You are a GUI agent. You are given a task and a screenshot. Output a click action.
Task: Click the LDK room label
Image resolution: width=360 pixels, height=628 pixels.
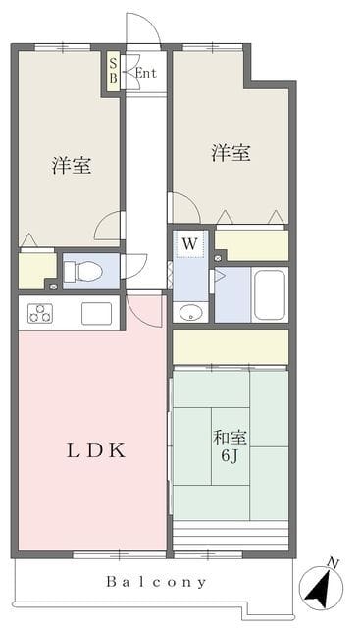tap(96, 451)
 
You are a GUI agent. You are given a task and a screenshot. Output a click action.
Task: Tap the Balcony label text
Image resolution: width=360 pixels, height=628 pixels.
tap(157, 582)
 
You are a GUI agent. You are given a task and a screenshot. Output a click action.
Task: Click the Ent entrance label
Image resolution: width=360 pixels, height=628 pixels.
tap(145, 73)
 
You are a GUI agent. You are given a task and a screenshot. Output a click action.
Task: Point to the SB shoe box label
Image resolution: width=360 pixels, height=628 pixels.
tap(114, 70)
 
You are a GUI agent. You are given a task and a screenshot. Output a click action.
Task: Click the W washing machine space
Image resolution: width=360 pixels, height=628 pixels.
tap(190, 244)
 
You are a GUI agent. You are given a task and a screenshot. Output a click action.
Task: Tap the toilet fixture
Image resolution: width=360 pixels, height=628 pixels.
tap(83, 271)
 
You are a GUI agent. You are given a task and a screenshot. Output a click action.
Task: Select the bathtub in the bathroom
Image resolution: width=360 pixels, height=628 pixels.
tap(270, 294)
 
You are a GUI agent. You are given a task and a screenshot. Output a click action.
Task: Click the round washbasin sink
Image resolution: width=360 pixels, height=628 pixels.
tap(190, 313)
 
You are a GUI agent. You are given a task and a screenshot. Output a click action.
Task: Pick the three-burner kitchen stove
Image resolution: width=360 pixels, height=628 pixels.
tap(39, 313)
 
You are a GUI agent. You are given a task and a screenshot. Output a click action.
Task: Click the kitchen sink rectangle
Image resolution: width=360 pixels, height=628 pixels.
tap(96, 314)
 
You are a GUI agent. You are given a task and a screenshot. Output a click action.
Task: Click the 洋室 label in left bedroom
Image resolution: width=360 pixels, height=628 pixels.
tap(72, 166)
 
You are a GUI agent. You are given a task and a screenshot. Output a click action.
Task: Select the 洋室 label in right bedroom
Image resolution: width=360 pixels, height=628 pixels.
tap(231, 153)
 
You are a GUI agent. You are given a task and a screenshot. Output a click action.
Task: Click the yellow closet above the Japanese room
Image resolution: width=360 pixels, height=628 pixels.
tap(231, 346)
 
